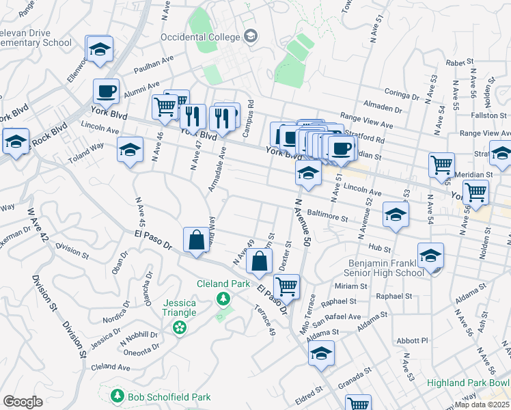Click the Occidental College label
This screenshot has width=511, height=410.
tap(201, 36)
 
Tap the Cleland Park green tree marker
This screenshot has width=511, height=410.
tap(223, 299)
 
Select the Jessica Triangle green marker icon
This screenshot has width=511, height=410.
tap(180, 328)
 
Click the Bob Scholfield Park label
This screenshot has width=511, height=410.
tap(169, 397)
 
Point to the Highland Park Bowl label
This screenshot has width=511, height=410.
tap(468, 383)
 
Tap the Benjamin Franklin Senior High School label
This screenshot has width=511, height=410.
tap(385, 268)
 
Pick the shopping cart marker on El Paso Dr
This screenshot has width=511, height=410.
tap(287, 286)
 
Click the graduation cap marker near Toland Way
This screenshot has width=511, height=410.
tap(130, 149)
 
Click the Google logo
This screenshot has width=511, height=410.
tap(23, 402)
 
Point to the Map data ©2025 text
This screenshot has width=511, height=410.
tap(483, 405)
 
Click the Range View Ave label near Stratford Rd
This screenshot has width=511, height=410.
tap(368, 126)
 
